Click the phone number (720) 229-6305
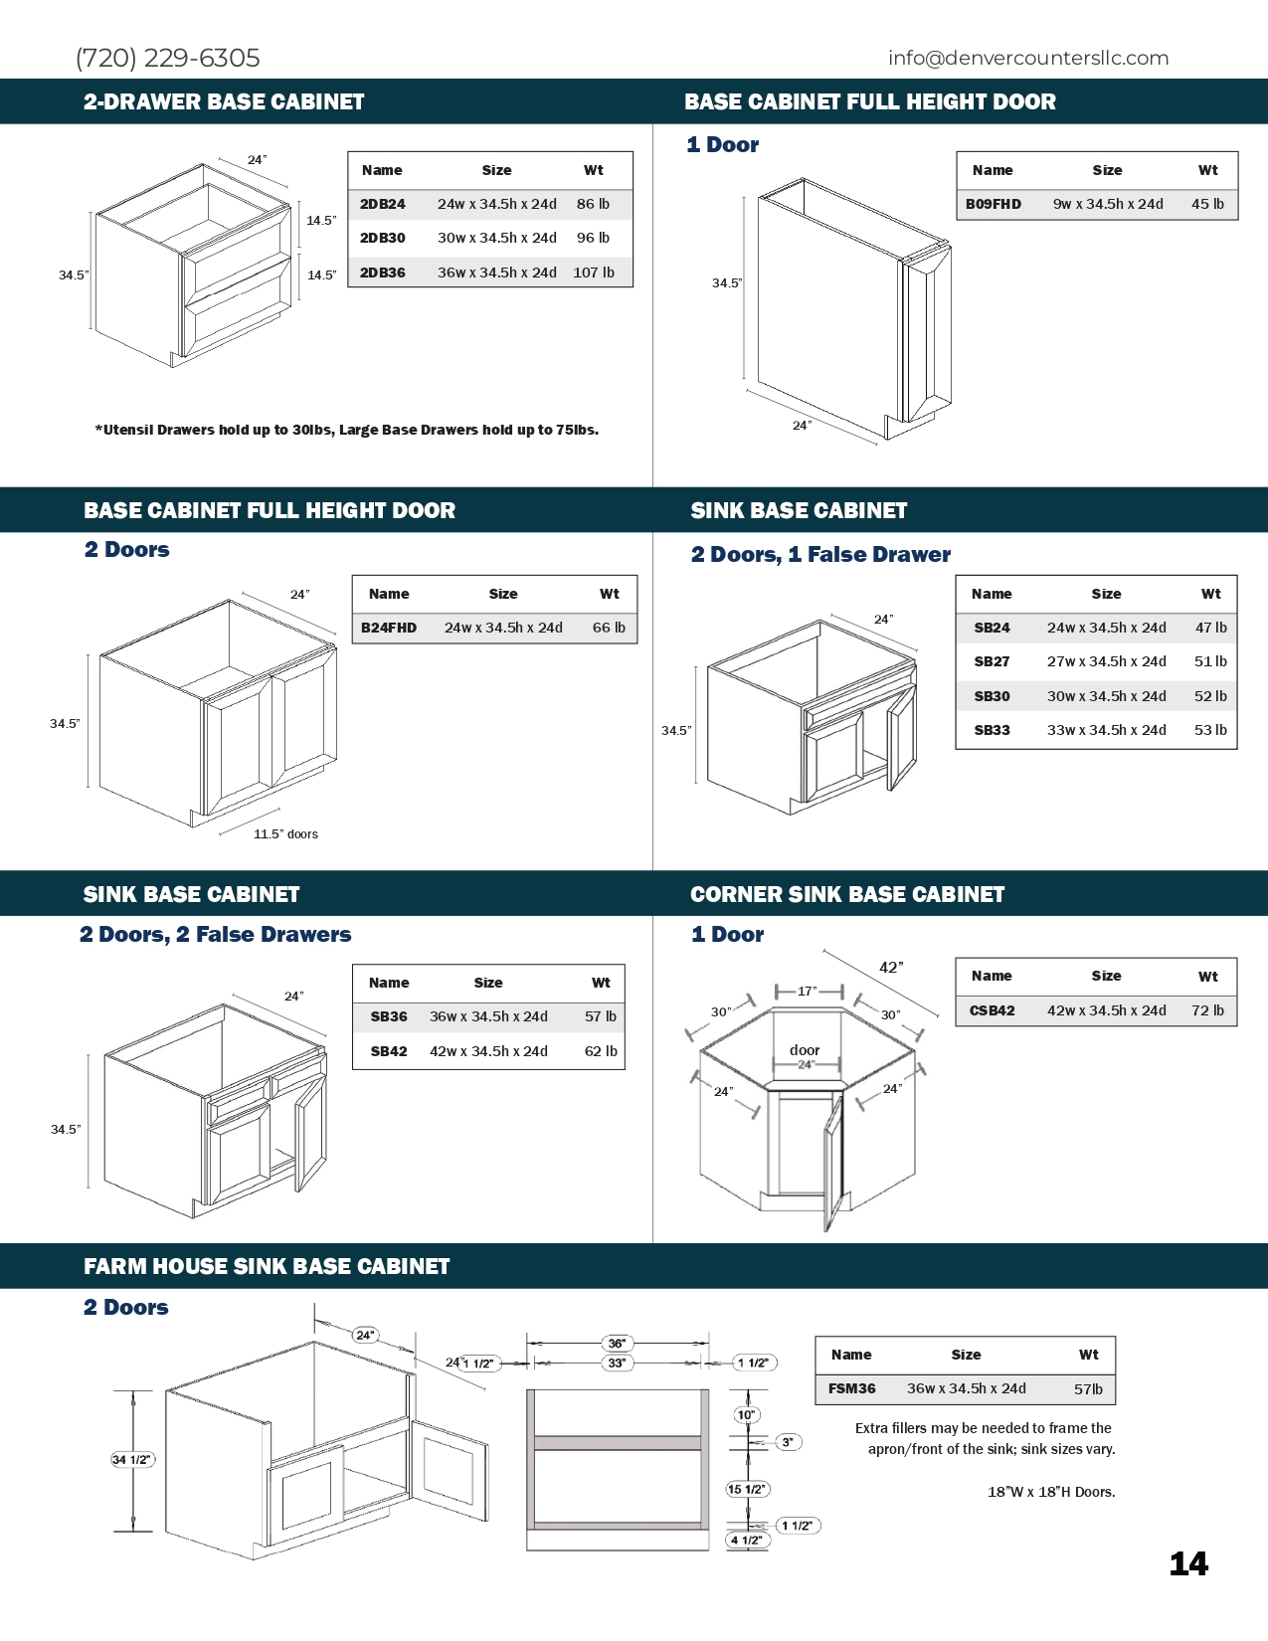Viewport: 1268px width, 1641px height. (x=167, y=58)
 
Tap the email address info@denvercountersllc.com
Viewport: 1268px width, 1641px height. (x=1028, y=58)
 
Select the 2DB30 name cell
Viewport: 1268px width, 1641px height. (x=383, y=238)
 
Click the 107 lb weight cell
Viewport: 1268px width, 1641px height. (x=594, y=273)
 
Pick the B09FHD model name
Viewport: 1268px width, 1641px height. (x=994, y=204)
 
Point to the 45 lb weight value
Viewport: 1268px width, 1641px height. (x=1207, y=204)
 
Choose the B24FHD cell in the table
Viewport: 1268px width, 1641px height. (x=389, y=628)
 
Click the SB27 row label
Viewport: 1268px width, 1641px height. (x=992, y=661)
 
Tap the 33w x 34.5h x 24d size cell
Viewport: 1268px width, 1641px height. (x=1106, y=730)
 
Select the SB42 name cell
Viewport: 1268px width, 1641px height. (x=389, y=1051)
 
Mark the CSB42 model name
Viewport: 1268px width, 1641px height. (x=993, y=1010)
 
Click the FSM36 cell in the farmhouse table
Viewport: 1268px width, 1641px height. (x=852, y=1388)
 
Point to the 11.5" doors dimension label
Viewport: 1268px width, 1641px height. (x=285, y=834)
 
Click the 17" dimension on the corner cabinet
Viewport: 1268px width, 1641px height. (x=808, y=991)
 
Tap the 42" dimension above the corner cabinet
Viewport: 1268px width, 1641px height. (x=891, y=967)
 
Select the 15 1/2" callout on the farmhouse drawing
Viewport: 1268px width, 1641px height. (x=747, y=1489)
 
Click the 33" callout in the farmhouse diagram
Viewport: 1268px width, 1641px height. (x=617, y=1363)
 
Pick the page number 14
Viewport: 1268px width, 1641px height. (x=1188, y=1564)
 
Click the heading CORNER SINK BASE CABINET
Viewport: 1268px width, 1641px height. (x=847, y=894)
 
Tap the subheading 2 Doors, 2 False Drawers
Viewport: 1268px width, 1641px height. (x=216, y=934)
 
